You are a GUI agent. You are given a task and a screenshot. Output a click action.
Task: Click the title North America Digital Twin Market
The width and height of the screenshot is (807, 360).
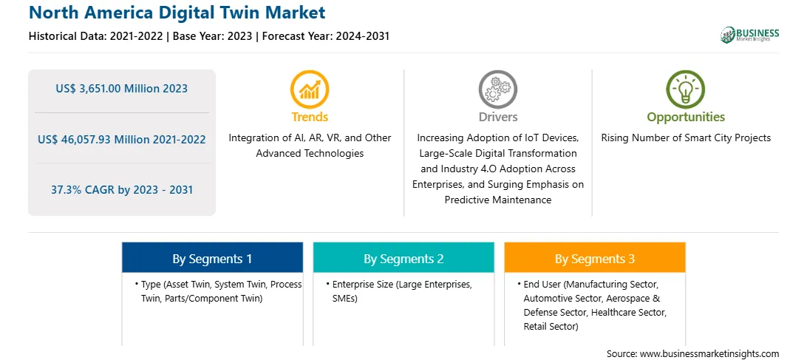[177, 12]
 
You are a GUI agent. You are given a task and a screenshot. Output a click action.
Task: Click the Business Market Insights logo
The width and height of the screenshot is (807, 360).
[749, 35]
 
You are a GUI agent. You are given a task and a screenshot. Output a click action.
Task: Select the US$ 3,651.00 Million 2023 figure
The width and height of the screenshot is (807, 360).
[121, 89]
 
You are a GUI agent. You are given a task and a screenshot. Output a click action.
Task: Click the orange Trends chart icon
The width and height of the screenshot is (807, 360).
[310, 89]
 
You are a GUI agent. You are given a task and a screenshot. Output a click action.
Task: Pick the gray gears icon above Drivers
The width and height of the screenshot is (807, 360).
[497, 89]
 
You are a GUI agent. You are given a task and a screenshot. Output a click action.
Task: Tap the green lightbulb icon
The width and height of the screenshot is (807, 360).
[686, 89]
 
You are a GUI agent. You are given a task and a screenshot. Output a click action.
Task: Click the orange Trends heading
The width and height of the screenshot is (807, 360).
[310, 117]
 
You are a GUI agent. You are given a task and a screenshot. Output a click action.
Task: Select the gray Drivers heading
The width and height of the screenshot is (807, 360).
[498, 117]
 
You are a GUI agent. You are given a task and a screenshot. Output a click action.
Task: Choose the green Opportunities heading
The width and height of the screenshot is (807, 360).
[686, 118]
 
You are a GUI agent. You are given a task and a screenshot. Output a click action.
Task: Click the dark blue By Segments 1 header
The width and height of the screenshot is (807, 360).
[213, 257]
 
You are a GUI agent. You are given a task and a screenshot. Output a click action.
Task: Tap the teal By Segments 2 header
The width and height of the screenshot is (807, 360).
[403, 257]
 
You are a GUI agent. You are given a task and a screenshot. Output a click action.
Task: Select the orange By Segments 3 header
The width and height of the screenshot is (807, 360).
[595, 257]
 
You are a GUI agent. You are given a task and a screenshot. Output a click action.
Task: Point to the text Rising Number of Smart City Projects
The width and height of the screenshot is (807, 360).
[686, 137]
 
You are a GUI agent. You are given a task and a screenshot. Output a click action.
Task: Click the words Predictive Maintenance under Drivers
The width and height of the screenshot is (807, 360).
[497, 200]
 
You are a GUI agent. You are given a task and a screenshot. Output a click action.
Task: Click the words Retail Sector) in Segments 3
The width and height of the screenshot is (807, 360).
[551, 327]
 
